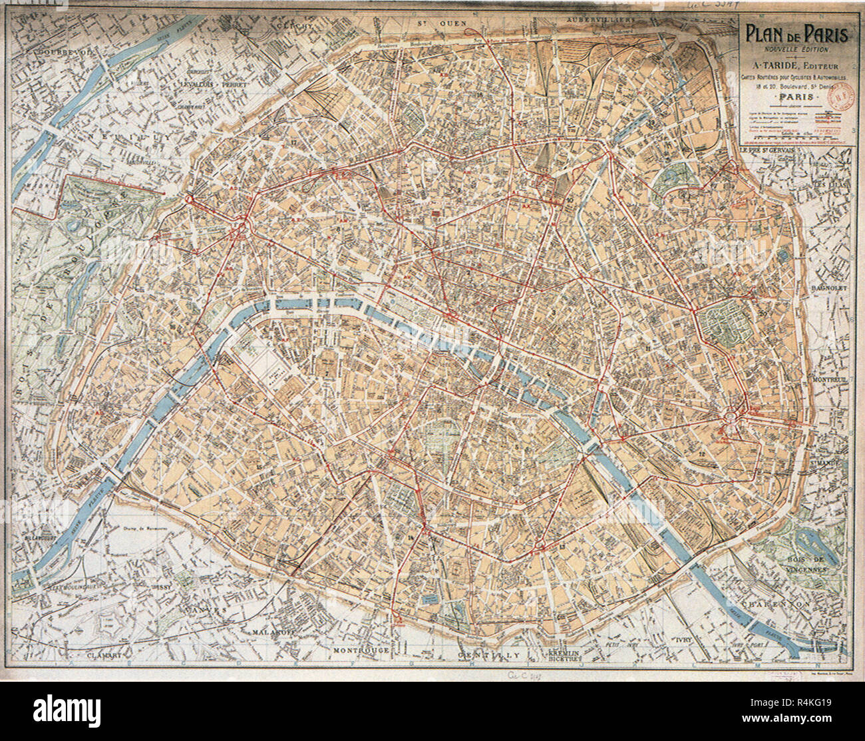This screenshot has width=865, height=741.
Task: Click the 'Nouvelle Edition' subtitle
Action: click(x=796, y=49)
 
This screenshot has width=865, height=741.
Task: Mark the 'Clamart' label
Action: click(x=106, y=655)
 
